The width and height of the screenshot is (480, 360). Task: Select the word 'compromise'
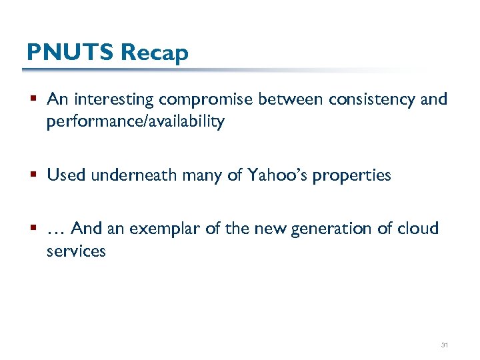(x=205, y=100)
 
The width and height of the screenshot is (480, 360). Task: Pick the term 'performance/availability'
(x=135, y=123)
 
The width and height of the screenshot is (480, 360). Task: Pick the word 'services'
(x=76, y=251)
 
